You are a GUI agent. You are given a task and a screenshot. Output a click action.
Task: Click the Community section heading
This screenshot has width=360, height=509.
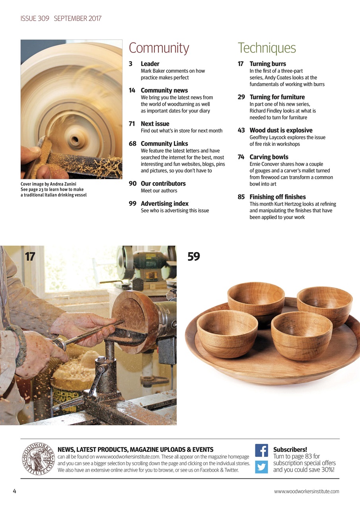[159, 48]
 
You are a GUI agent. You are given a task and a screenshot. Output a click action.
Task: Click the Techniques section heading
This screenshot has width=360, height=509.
[267, 48]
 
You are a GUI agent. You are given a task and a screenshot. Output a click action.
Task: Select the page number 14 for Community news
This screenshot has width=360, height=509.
[132, 91]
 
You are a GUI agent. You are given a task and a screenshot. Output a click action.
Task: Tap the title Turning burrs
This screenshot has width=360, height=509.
[267, 64]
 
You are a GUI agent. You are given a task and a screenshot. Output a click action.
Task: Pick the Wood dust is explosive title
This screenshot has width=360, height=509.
[281, 130]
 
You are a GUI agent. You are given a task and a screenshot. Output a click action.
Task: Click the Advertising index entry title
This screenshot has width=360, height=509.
[164, 204]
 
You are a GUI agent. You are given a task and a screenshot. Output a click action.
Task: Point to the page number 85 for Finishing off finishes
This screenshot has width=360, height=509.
[241, 197]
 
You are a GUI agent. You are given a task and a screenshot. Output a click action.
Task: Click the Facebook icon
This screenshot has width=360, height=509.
[261, 450]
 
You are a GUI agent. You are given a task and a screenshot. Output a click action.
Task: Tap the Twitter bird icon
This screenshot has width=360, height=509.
[261, 466]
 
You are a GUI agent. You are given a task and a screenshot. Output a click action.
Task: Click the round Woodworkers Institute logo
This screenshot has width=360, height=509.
[38, 459]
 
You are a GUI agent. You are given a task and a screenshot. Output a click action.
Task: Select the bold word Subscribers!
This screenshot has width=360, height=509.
[290, 450]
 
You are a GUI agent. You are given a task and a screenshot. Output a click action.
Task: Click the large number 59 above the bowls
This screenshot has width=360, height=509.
[193, 257]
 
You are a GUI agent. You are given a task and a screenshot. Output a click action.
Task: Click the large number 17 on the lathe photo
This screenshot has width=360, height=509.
[30, 257]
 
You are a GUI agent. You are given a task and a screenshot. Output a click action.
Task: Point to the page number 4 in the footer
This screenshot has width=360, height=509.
[15, 491]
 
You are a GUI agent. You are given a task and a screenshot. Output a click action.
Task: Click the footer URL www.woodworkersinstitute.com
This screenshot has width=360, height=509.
[306, 492]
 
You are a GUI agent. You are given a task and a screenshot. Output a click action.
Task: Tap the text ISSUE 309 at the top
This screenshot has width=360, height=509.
[35, 18]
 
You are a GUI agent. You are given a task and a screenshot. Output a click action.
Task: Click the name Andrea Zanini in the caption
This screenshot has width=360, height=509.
[63, 184]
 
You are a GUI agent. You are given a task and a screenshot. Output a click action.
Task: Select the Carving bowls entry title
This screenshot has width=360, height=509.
[269, 157]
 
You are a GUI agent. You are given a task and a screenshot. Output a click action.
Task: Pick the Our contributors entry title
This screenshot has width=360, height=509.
[163, 184]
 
